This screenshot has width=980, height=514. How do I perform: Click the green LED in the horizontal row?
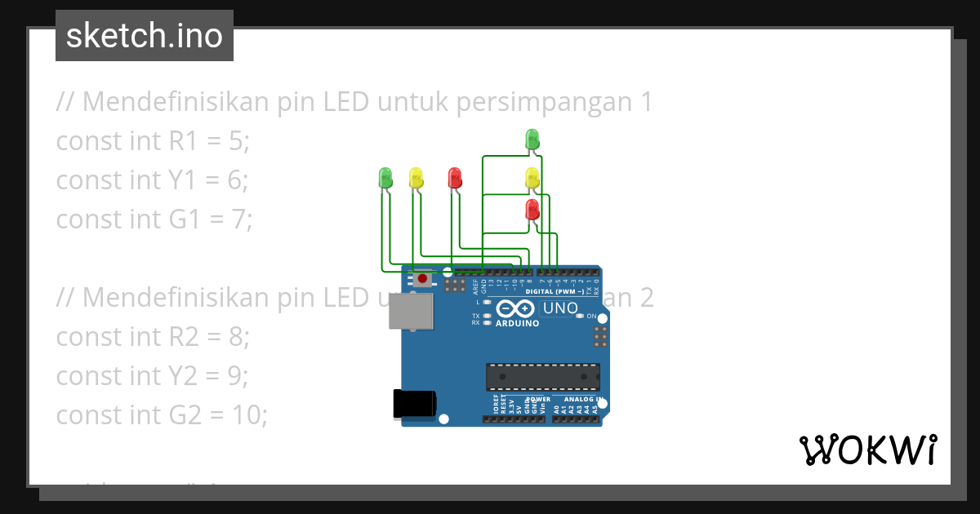tap(385, 176)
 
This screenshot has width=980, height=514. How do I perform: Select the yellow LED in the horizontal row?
tap(416, 176)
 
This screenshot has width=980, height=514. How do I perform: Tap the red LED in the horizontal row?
tap(455, 176)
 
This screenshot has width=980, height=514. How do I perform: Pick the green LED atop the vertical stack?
tap(532, 137)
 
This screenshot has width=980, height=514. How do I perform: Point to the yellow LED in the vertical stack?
tap(532, 176)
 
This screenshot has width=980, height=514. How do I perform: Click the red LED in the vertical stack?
tap(532, 209)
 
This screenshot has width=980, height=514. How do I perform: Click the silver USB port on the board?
tap(410, 312)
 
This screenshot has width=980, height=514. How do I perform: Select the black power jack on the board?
tap(414, 404)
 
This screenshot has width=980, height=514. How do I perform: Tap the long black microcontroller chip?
tap(542, 376)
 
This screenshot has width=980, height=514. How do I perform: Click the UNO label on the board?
tap(560, 308)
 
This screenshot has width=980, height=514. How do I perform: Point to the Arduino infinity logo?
tap(514, 309)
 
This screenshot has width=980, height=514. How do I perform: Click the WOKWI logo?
tap(868, 450)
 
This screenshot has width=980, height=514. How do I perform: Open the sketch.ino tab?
tap(145, 36)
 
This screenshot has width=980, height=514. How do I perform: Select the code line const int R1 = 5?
tap(153, 141)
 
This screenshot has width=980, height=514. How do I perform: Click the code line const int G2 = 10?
tap(162, 415)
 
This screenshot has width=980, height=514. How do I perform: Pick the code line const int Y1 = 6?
tap(152, 180)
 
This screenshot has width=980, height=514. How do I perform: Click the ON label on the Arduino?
tap(591, 316)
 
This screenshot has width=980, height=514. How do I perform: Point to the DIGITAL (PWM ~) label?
tap(555, 291)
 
